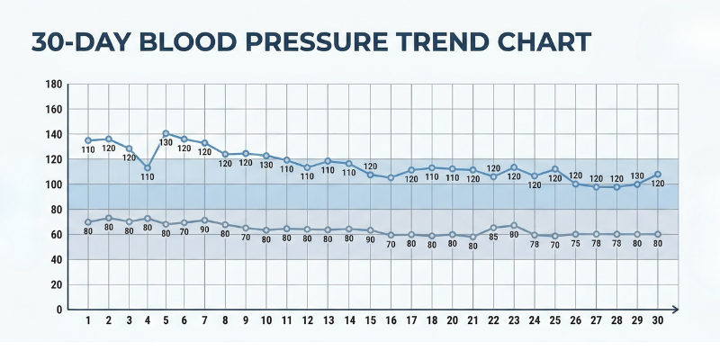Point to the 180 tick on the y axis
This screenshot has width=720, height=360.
click(x=53, y=85)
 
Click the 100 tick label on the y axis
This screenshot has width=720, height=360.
click(x=53, y=184)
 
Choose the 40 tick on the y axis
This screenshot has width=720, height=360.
click(x=56, y=259)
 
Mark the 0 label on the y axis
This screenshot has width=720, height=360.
click(x=58, y=310)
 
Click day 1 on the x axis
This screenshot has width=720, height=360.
click(x=88, y=320)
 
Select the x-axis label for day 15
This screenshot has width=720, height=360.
click(x=371, y=320)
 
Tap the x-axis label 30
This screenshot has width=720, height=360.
click(x=657, y=320)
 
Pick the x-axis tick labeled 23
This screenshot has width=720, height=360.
click(x=514, y=320)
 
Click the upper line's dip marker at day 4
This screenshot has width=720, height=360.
click(x=148, y=167)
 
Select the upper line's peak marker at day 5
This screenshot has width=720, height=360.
click(x=166, y=133)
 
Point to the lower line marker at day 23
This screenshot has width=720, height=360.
click(x=514, y=225)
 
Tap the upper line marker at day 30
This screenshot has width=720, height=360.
click(x=657, y=174)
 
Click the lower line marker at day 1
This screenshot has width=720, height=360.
click(x=88, y=221)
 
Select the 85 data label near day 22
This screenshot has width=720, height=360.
click(x=493, y=238)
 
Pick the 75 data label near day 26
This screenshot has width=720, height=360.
click(x=575, y=243)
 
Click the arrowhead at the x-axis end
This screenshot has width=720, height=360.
click(x=673, y=310)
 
